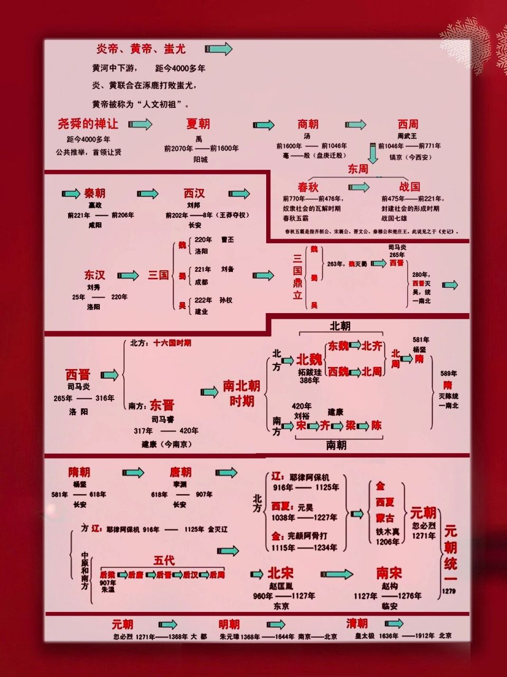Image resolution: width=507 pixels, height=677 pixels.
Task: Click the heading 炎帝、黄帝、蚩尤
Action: coord(140,49)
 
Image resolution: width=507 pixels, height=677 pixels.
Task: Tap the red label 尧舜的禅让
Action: coord(88,124)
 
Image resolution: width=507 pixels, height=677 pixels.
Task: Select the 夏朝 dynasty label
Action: coord(198,124)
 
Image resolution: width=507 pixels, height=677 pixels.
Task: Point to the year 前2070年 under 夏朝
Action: coord(178,149)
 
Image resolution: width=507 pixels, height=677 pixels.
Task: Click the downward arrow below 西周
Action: coord(372,153)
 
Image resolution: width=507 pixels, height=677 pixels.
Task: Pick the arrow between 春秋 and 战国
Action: coord(359,187)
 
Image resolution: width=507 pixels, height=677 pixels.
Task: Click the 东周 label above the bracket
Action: coord(358,169)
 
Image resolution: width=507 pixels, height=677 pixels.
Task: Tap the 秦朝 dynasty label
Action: coord(95,194)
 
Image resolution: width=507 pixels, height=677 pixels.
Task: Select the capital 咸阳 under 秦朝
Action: coord(95,225)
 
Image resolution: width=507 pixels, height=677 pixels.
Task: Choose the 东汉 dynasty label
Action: coord(95,275)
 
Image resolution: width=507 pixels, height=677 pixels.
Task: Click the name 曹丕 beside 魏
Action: coord(227,240)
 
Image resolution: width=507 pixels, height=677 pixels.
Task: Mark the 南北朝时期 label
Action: coord(241,393)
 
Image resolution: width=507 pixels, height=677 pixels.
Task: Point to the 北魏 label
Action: coord(309,360)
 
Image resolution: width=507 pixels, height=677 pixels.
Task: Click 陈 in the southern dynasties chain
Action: coord(376,425)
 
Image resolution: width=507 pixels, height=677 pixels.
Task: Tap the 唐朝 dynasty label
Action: coord(180,472)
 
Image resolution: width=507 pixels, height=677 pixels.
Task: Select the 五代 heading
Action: coord(164,561)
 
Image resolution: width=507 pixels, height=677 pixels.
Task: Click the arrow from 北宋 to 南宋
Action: coord(337,574)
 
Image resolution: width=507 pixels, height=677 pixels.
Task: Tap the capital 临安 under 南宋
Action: coord(389,606)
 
